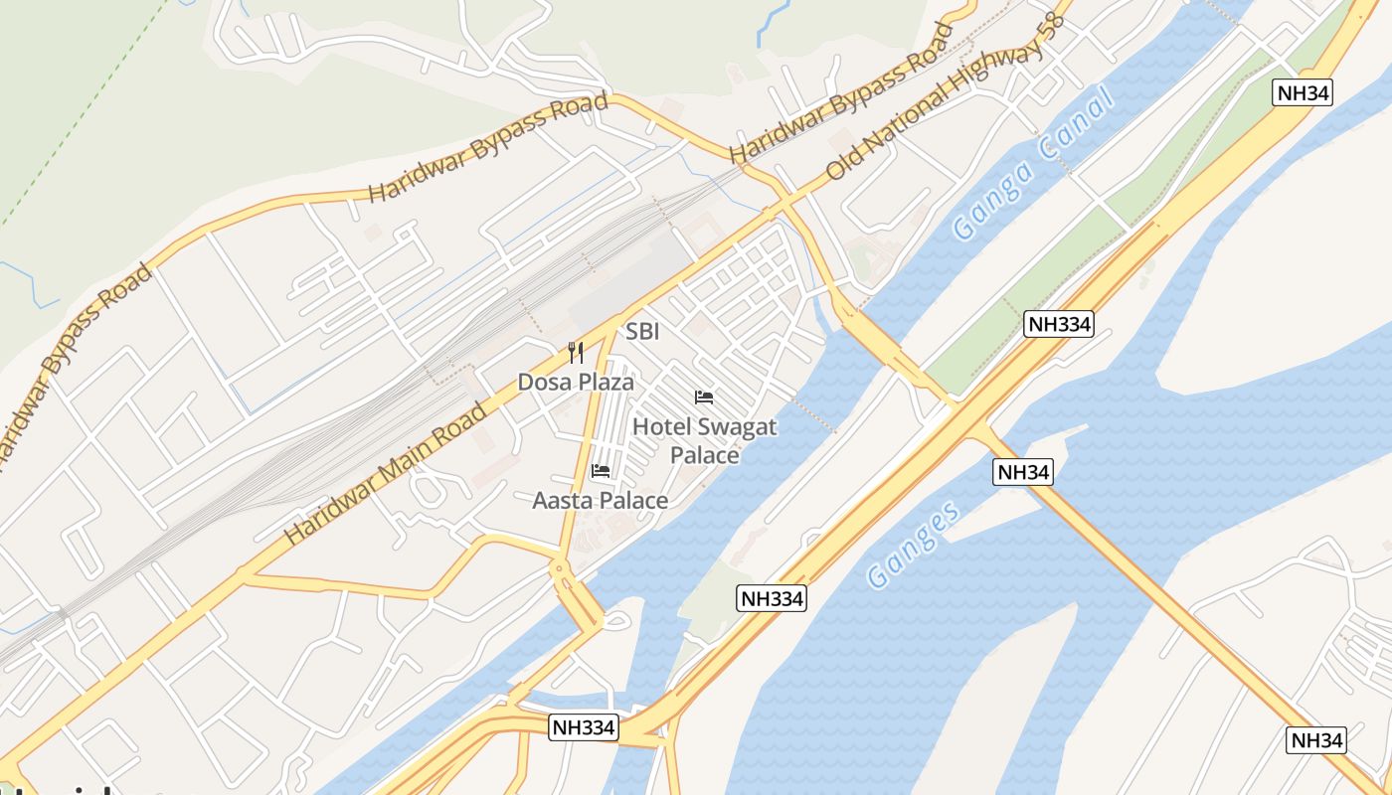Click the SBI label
click(642, 332)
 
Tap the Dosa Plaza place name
click(576, 382)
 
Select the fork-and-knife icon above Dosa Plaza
click(576, 353)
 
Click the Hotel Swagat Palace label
click(704, 441)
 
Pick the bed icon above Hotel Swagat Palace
click(704, 397)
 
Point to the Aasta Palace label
click(600, 501)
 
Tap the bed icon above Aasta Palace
click(601, 470)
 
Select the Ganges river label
click(914, 545)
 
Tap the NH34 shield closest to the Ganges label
click(1022, 472)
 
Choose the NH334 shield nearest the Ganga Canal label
click(1059, 324)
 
